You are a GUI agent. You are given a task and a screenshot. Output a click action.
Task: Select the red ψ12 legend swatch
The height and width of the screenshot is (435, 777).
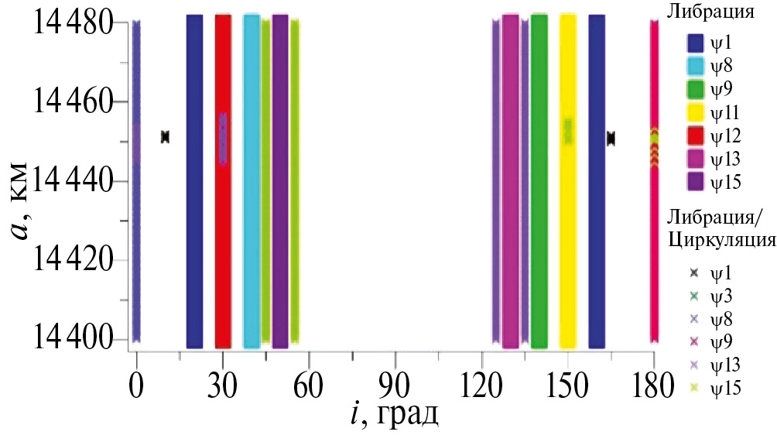click(x=696, y=136)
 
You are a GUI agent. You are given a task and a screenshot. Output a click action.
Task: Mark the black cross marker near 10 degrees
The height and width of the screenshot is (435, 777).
click(x=165, y=137)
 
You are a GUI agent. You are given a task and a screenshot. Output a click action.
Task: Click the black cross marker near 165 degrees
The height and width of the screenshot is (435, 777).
click(x=611, y=139)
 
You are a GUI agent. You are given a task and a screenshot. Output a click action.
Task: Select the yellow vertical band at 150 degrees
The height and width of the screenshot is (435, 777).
click(x=567, y=232)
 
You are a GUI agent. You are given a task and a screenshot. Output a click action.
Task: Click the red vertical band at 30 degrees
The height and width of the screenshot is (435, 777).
click(x=223, y=232)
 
